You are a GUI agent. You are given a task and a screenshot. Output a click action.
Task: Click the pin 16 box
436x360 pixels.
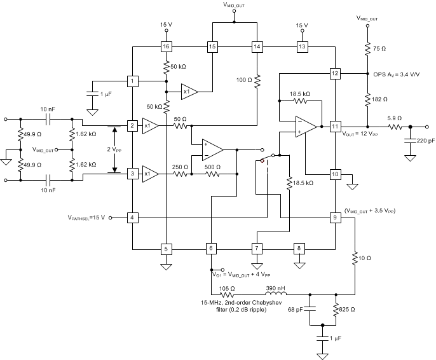[166, 46]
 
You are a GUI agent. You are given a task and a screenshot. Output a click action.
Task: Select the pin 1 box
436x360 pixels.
[132, 81]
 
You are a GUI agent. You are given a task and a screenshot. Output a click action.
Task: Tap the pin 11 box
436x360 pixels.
[336, 126]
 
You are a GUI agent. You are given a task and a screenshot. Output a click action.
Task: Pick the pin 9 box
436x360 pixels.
[336, 218]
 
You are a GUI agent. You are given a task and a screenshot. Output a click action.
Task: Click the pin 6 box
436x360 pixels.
[212, 248]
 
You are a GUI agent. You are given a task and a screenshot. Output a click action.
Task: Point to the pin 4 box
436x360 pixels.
[132, 218]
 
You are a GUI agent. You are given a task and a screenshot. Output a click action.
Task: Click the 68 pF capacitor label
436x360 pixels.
[296, 309]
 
